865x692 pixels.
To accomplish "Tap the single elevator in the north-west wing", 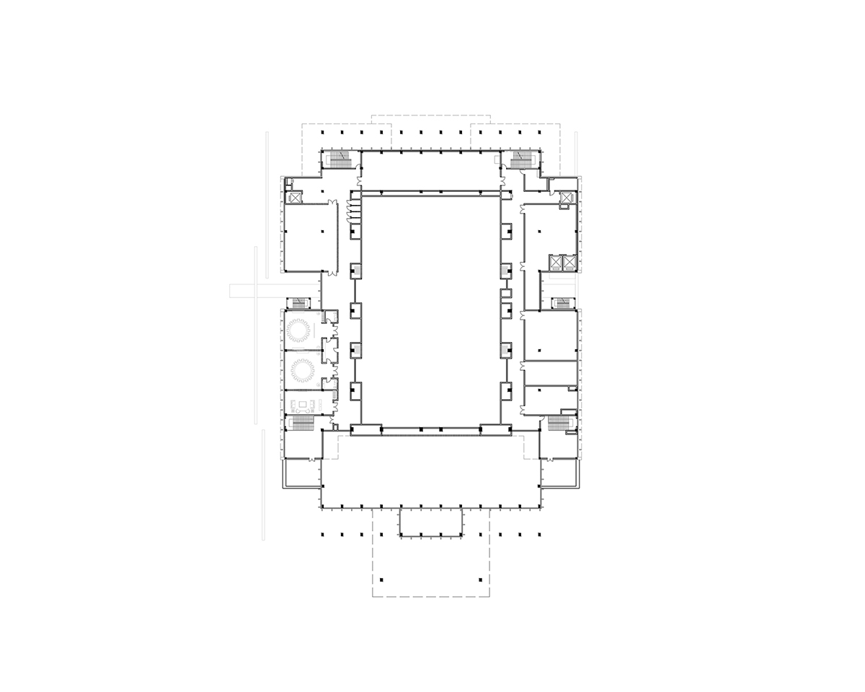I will pyautogui.click(x=294, y=197).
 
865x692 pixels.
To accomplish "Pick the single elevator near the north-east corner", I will pyautogui.click(x=567, y=197).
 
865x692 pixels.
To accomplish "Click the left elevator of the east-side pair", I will pyautogui.click(x=556, y=263).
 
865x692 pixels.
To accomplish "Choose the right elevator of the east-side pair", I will pyautogui.click(x=569, y=263).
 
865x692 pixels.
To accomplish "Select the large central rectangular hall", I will pyautogui.click(x=430, y=309).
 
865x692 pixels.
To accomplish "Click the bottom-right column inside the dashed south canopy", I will pyautogui.click(x=479, y=581).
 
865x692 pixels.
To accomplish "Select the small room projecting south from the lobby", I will pyautogui.click(x=430, y=522).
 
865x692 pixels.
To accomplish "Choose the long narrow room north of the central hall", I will pyautogui.click(x=430, y=171).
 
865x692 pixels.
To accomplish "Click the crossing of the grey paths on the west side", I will pyautogui.click(x=257, y=290).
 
